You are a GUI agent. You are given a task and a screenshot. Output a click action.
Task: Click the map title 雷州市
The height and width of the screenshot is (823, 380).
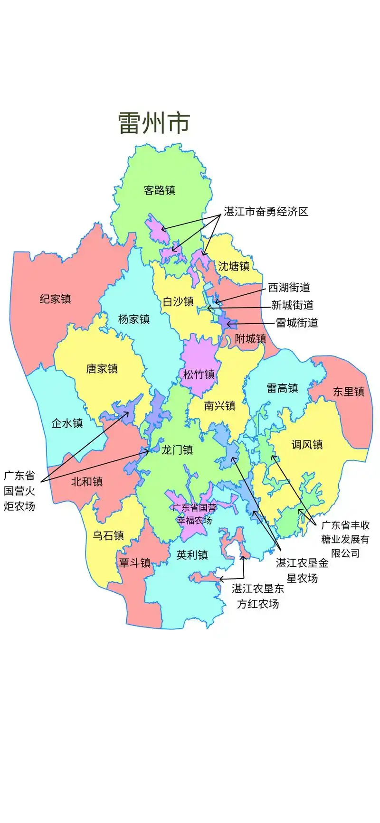154,123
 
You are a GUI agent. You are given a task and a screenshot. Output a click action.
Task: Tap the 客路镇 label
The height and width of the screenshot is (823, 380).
160,190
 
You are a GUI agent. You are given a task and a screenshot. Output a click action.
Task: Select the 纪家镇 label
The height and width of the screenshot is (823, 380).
55,299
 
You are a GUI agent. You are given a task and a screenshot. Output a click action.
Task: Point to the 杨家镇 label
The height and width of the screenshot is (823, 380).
134,319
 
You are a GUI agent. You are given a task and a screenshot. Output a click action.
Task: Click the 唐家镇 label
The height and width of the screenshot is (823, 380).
102,369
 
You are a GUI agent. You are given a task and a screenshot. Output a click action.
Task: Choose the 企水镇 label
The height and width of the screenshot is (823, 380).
67,423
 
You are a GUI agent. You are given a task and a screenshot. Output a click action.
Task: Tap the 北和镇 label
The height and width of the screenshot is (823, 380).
87,482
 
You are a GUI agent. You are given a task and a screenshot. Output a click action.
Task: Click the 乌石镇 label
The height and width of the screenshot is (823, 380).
108,535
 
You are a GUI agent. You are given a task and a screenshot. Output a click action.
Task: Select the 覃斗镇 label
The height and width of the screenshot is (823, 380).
134,563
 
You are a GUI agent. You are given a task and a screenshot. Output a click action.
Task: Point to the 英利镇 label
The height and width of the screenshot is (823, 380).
192,555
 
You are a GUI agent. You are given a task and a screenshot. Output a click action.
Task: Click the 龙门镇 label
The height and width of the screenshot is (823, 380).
177,449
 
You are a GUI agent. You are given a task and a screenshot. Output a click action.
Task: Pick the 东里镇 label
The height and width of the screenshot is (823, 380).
348,391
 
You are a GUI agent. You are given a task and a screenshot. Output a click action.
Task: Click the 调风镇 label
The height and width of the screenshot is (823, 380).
307,444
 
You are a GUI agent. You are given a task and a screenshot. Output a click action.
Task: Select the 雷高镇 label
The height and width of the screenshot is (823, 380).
282,388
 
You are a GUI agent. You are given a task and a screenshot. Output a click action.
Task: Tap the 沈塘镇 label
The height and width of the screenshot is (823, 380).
234,266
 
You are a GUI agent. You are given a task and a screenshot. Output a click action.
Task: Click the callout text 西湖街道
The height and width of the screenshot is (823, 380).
289,287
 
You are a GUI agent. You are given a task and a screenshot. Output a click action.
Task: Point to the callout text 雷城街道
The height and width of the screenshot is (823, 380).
297,323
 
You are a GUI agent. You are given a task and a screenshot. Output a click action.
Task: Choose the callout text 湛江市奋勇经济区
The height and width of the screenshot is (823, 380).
266,212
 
